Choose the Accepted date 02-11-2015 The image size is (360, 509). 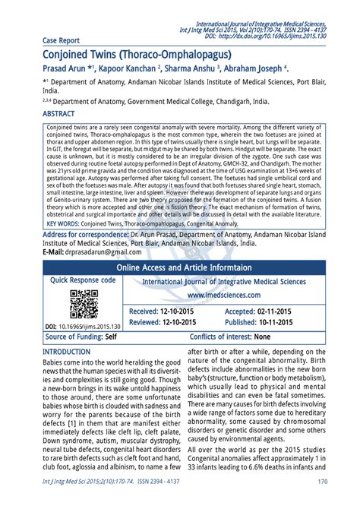(x=261, y=312)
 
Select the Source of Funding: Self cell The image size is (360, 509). (x=81, y=337)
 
